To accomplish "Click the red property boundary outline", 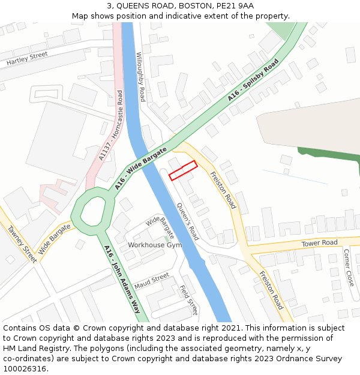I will click(x=183, y=170).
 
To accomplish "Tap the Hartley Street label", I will click(x=26, y=59).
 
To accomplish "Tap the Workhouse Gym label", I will click(x=155, y=245).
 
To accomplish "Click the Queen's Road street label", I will click(x=187, y=221).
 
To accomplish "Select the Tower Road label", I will click(x=320, y=243).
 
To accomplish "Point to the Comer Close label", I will click(x=347, y=267).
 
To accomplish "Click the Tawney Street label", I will click(x=22, y=242).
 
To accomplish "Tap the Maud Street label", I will click(x=152, y=280).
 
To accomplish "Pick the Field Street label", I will click(x=188, y=299).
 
